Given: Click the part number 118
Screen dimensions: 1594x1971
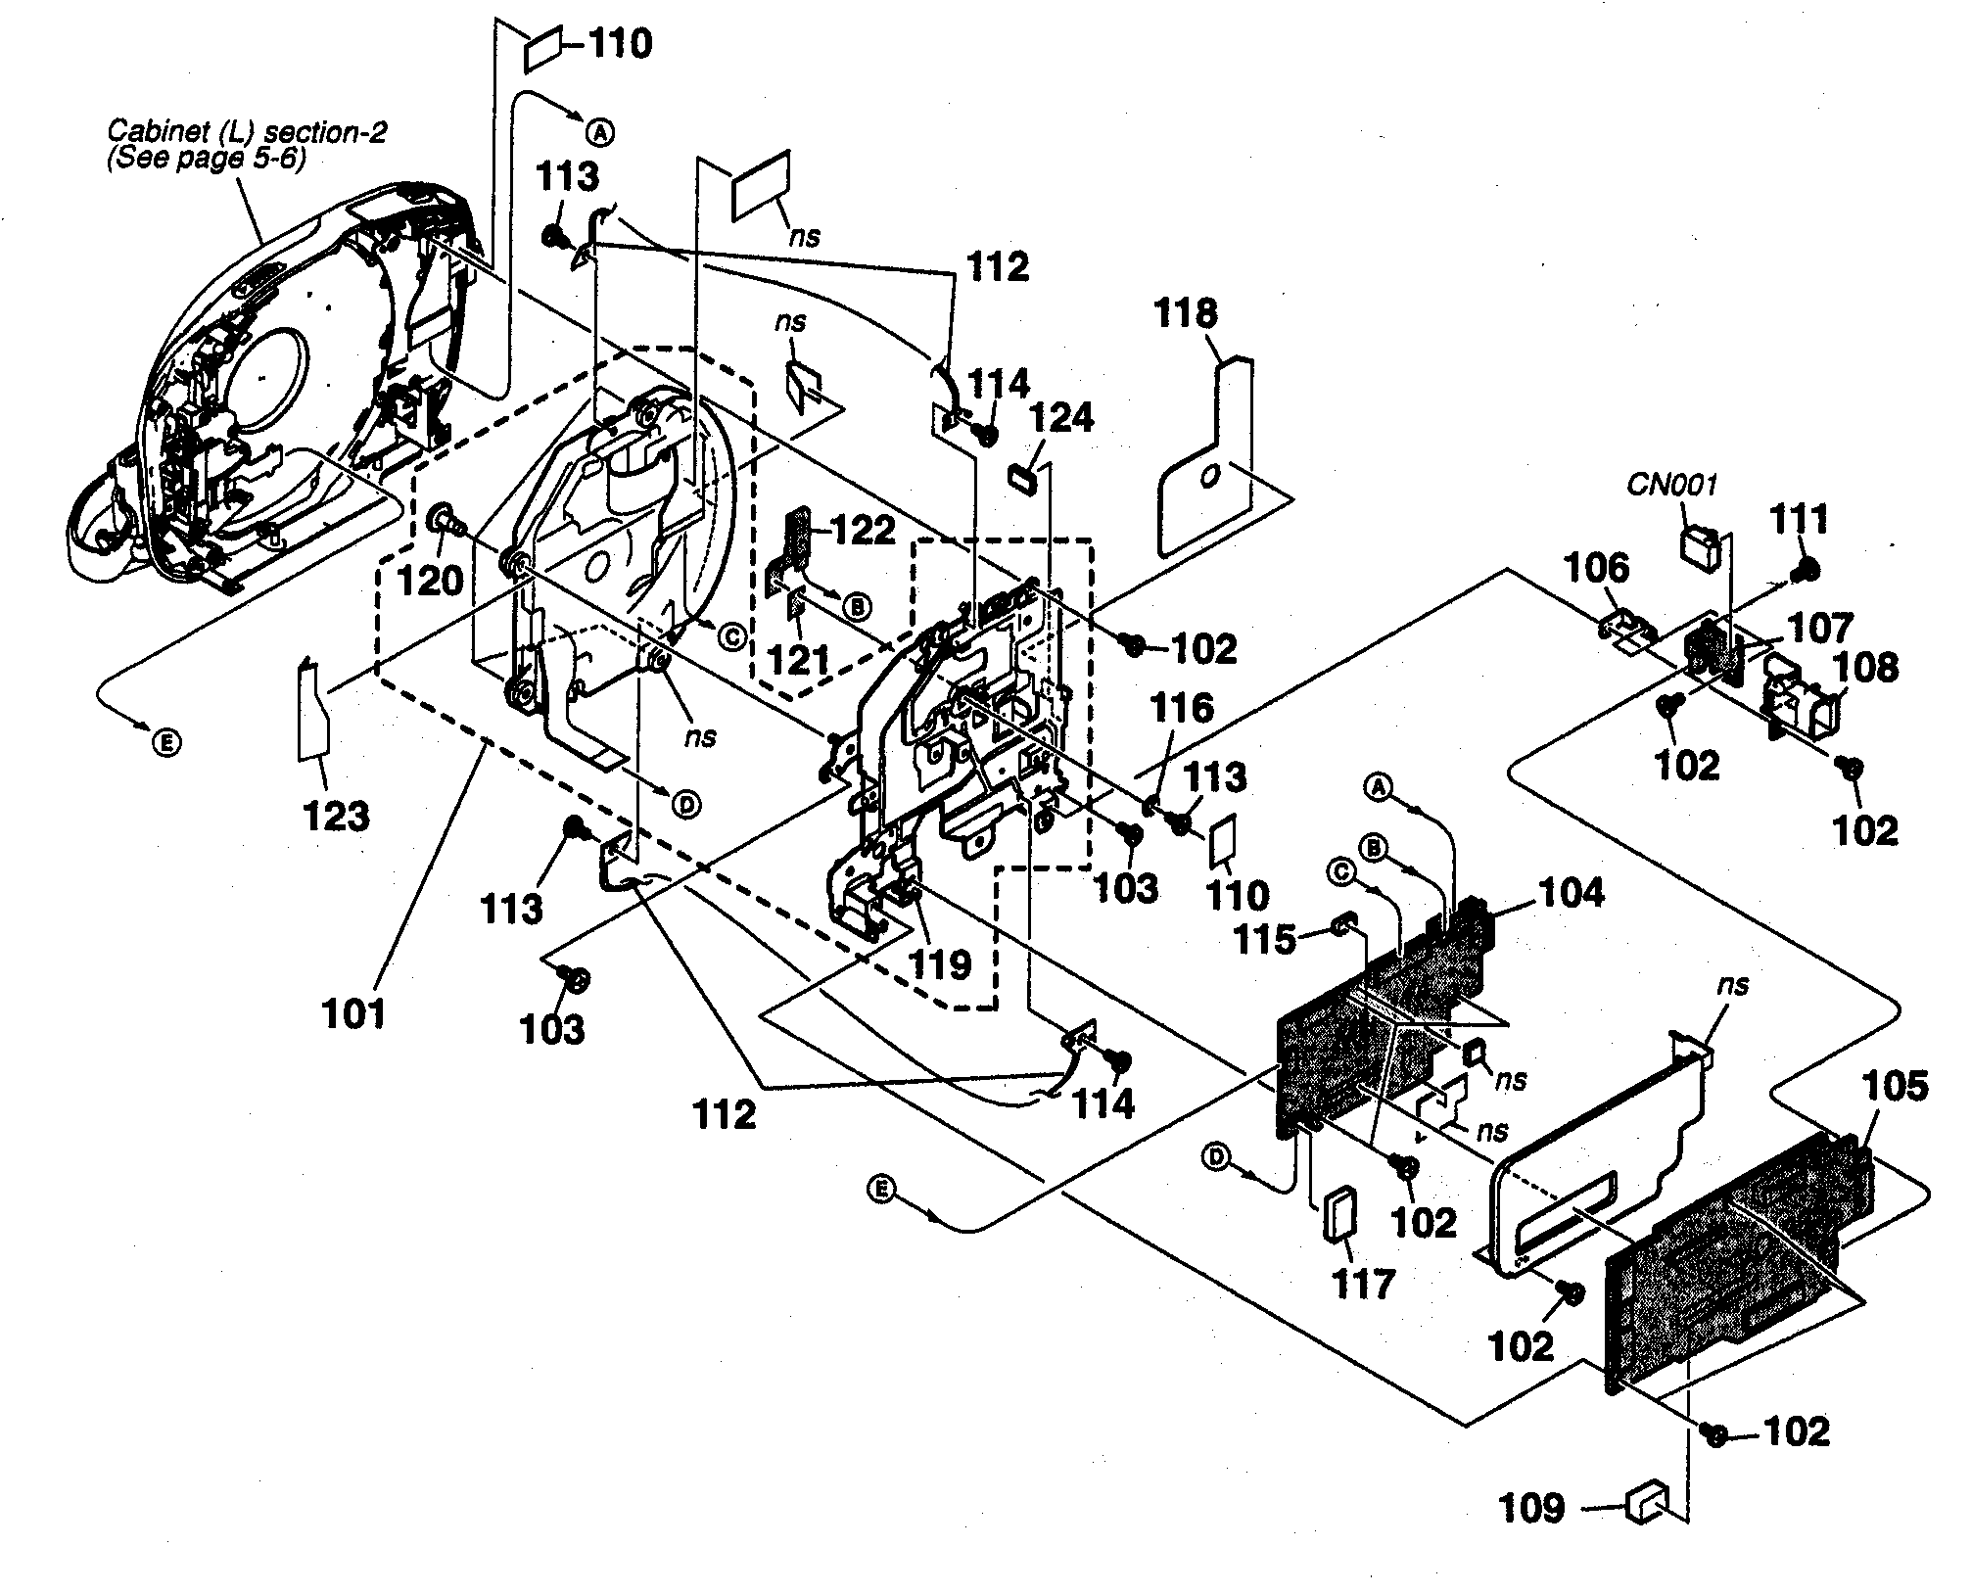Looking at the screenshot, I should pyautogui.click(x=1186, y=315).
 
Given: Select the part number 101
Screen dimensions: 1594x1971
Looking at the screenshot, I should pyautogui.click(x=354, y=1013).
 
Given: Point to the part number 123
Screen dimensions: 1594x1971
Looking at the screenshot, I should pyautogui.click(x=336, y=815).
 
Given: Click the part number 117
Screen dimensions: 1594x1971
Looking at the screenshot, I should pyautogui.click(x=1364, y=1284).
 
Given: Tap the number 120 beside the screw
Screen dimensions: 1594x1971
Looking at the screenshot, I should pyautogui.click(x=431, y=581).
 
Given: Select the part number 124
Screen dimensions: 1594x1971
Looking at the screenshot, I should pyautogui.click(x=1064, y=419).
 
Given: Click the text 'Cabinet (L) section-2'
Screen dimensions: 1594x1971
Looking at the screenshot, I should pyautogui.click(x=247, y=131).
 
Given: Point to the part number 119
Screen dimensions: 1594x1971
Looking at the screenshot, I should pyautogui.click(x=940, y=964).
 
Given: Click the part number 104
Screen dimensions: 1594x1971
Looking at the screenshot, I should pyautogui.click(x=1571, y=892).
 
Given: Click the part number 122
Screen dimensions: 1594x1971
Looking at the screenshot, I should pyautogui.click(x=862, y=531).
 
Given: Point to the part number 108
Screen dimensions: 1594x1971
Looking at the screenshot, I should pyautogui.click(x=1867, y=670).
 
